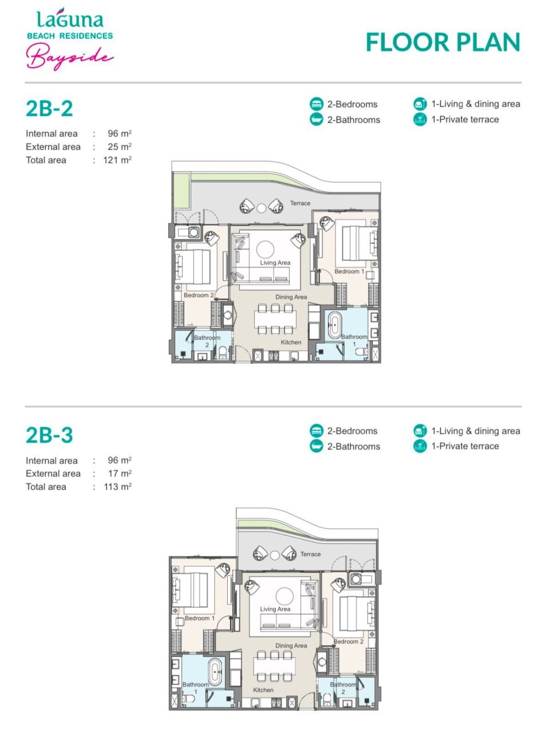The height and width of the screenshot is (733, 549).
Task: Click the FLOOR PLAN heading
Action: tap(443, 42)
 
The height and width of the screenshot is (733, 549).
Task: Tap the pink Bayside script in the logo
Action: tap(69, 58)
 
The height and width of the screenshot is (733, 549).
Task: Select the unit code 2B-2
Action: tap(49, 108)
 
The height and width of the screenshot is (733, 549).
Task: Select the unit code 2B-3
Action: tap(49, 435)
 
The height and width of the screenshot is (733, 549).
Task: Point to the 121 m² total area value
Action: tap(117, 160)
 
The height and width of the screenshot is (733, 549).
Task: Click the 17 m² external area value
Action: tap(120, 474)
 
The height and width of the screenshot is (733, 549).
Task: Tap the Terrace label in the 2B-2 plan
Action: tap(300, 203)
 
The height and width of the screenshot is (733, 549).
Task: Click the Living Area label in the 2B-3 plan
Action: tap(275, 609)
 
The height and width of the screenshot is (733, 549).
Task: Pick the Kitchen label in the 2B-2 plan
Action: tap(291, 342)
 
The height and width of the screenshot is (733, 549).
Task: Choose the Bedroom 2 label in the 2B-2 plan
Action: tap(199, 295)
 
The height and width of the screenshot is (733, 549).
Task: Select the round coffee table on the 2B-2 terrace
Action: tap(261, 208)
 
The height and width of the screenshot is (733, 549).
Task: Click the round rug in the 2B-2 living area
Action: tap(265, 249)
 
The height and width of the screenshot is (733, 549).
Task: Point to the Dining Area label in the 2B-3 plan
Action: tap(291, 645)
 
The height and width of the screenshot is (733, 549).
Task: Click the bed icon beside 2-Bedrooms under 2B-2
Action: tap(317, 104)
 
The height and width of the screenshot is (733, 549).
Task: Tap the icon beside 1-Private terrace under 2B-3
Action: tap(420, 447)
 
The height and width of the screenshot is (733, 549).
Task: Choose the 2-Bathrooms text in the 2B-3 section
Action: tap(353, 447)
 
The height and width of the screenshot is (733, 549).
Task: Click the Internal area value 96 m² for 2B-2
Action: tap(120, 134)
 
